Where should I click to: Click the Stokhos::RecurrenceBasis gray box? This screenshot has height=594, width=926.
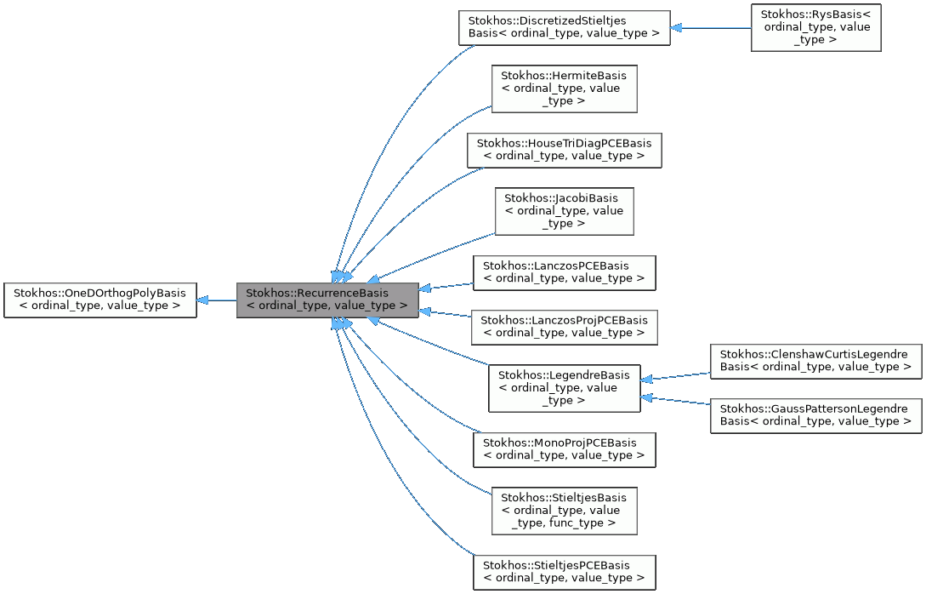(327, 300)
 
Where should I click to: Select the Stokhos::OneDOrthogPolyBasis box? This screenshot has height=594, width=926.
(100, 300)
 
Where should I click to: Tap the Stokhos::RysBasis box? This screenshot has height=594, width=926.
(815, 27)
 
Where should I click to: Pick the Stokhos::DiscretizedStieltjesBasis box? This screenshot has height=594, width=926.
(564, 27)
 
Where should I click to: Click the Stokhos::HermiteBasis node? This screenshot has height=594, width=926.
(565, 89)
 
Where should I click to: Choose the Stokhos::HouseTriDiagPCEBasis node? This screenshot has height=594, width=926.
(564, 150)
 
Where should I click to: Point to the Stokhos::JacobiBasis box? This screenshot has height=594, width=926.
(565, 211)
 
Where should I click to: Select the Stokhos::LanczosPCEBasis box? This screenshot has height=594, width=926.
(564, 272)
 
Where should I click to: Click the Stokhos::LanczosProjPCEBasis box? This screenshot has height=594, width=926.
(564, 327)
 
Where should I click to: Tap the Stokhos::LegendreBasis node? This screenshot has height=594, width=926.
(564, 388)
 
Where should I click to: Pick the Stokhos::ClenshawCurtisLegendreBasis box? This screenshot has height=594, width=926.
(815, 361)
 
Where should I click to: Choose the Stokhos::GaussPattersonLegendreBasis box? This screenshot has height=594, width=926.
(815, 415)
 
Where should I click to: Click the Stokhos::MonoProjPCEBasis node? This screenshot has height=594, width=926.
(564, 449)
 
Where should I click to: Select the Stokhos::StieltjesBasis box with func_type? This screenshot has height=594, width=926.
(565, 511)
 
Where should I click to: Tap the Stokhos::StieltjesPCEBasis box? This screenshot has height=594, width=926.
(564, 572)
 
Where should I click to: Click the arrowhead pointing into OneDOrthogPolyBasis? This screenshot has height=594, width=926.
(204, 300)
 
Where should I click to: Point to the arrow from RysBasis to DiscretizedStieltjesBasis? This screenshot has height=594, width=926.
(710, 27)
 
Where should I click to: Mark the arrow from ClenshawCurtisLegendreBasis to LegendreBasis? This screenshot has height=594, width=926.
(676, 376)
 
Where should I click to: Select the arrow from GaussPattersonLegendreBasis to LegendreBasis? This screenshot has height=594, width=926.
(676, 401)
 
